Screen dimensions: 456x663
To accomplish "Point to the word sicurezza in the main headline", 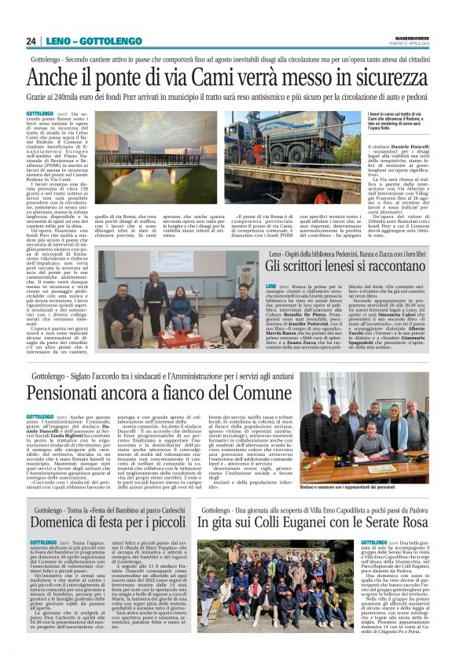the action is pos(389,80).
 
